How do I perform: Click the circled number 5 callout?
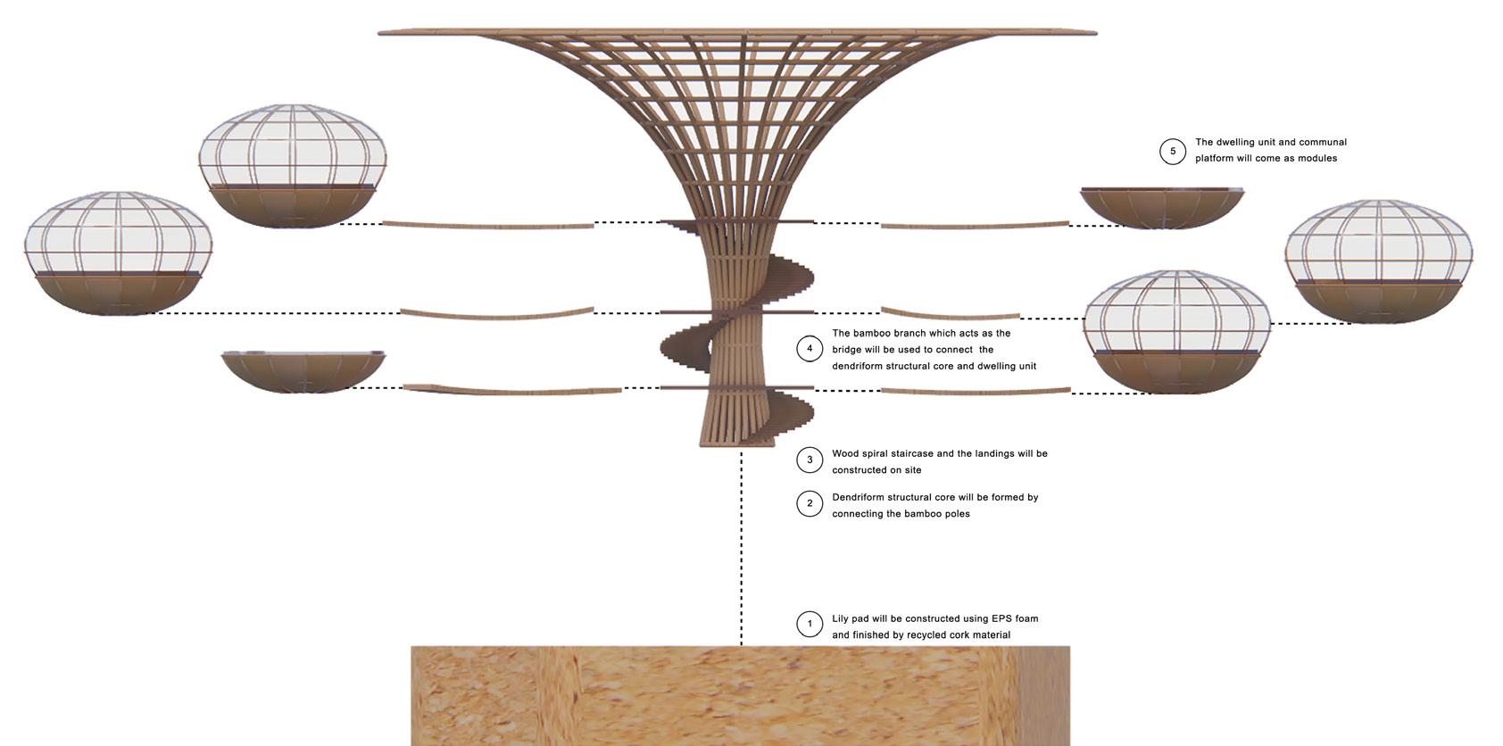(x=1173, y=152)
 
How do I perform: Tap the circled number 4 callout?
(x=810, y=348)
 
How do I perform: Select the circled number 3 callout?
(x=810, y=460)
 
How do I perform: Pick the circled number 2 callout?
(x=810, y=503)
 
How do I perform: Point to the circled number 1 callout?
(x=810, y=624)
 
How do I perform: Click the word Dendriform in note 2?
(x=858, y=497)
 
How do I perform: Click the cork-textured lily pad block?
(x=740, y=696)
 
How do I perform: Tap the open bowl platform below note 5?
(x=1160, y=207)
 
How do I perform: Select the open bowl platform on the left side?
(x=303, y=371)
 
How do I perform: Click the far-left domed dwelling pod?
(x=118, y=253)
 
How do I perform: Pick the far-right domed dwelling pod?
(x=1379, y=261)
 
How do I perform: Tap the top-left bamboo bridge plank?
(x=487, y=225)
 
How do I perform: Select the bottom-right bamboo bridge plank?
(x=975, y=391)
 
